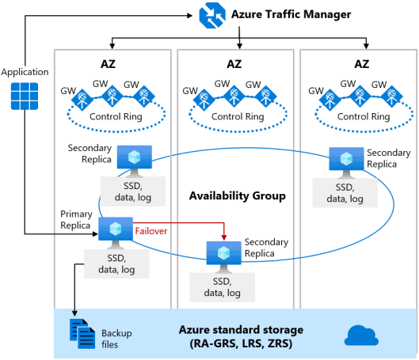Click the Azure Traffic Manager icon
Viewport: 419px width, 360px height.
point(212,15)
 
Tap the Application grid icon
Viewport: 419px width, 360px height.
point(25,96)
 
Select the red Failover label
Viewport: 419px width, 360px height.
point(151,231)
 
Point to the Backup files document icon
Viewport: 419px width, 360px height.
point(82,334)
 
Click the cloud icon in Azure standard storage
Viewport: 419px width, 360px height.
point(361,335)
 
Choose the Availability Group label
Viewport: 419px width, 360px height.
point(238,196)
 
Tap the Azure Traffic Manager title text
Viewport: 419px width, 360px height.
point(291,14)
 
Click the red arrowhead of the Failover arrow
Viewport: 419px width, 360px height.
point(224,237)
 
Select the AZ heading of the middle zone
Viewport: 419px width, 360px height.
point(234,64)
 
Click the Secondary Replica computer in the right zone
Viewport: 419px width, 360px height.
point(346,162)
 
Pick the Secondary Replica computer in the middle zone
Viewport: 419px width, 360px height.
point(224,257)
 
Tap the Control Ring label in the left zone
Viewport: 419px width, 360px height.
point(116,116)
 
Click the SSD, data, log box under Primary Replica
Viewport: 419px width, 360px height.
point(116,264)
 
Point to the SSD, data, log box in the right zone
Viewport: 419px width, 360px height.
point(345,193)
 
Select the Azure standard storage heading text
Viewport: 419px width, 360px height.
point(241,330)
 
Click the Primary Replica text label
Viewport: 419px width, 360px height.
point(76,220)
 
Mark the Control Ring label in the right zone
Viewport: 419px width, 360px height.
point(364,116)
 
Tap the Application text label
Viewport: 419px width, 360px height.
point(25,72)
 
